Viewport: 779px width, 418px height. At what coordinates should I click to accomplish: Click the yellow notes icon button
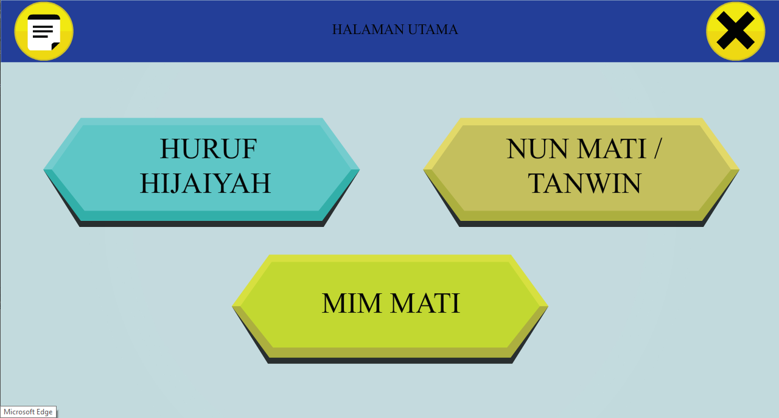[44, 31]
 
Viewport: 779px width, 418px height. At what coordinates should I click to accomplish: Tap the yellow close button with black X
[736, 31]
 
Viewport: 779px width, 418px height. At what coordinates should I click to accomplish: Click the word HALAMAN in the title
[368, 30]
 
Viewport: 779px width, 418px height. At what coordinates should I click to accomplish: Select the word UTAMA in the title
[433, 30]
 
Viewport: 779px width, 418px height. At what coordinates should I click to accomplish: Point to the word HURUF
[208, 149]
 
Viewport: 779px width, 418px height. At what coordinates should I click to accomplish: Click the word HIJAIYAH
[205, 183]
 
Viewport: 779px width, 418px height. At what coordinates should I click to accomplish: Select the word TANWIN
[584, 183]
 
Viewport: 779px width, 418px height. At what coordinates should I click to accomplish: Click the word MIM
[351, 303]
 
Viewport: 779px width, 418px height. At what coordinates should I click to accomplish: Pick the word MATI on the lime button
[425, 303]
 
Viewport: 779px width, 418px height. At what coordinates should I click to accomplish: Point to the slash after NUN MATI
[656, 149]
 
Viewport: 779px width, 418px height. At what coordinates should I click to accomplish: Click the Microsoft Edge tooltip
[28, 412]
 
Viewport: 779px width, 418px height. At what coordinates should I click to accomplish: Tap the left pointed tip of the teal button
[44, 170]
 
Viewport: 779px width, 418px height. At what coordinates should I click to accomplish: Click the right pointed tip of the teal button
[359, 170]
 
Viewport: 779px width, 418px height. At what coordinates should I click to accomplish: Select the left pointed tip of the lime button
[232, 307]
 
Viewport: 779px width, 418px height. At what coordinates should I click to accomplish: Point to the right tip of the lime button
[548, 307]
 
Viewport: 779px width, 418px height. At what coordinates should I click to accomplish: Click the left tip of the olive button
[424, 170]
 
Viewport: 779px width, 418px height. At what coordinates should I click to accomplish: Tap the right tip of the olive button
[739, 170]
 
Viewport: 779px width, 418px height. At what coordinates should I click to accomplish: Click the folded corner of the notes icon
[55, 47]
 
